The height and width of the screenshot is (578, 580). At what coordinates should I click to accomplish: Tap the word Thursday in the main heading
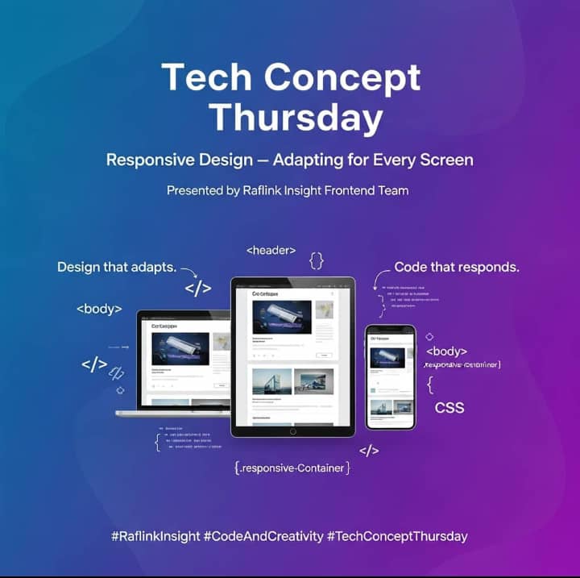296,118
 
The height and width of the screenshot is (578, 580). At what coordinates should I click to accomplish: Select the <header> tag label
271,251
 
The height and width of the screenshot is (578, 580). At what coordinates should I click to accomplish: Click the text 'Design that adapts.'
117,267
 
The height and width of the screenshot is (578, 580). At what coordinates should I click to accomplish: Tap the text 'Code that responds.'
457,267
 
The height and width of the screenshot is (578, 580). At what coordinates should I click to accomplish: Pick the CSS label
449,407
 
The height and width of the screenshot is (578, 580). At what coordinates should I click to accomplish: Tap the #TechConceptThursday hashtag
397,536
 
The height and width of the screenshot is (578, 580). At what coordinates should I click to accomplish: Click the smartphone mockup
391,376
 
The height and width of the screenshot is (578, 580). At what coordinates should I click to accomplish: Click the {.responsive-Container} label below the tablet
292,468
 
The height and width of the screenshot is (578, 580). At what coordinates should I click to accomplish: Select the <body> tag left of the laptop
99,309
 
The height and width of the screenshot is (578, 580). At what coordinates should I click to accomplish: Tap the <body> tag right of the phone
446,351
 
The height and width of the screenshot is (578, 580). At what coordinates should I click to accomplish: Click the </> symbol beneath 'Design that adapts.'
197,288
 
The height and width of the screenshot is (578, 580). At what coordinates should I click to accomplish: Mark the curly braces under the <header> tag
317,260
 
